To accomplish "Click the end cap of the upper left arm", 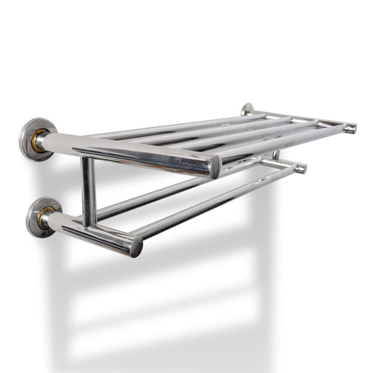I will (x=215, y=167).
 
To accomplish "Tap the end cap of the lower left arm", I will (x=137, y=247).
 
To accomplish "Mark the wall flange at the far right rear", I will (x=247, y=109).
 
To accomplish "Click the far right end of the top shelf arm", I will (x=350, y=128).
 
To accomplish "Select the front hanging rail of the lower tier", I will (x=213, y=202).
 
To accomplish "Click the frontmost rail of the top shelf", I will (x=277, y=141).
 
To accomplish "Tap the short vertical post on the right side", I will (x=276, y=155).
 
